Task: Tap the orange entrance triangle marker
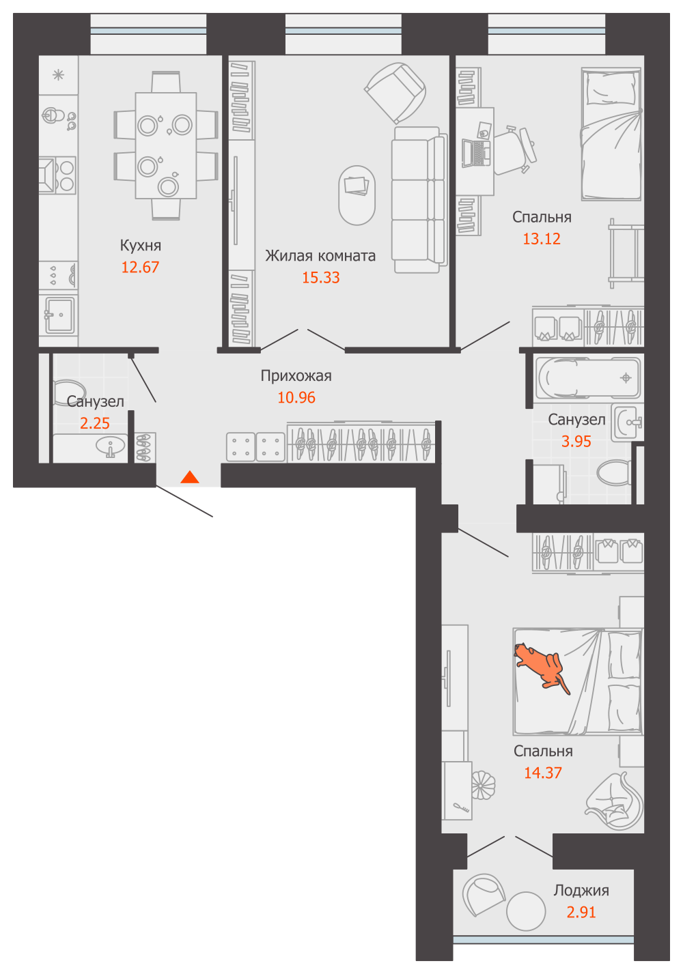[190, 477]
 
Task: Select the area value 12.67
[140, 267]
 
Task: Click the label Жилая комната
[320, 255]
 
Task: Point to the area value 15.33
[321, 277]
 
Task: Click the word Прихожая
[296, 375]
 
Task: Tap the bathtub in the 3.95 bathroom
[588, 377]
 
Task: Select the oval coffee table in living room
[357, 195]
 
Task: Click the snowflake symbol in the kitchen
[58, 75]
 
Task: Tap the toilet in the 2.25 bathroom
[68, 392]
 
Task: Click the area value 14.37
[543, 773]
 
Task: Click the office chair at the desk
[515, 149]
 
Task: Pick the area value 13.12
[542, 239]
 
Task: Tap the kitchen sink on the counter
[59, 315]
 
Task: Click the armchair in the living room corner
[395, 93]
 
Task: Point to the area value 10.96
[296, 397]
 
